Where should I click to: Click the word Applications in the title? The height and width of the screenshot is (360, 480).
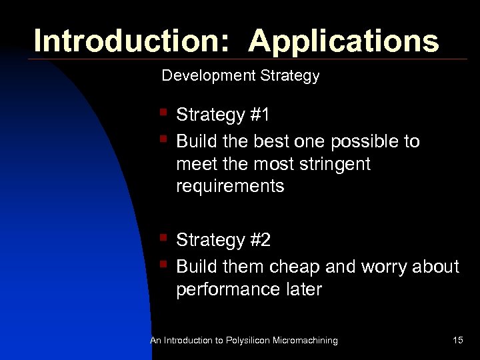344,41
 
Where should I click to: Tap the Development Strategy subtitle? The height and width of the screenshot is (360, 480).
241,76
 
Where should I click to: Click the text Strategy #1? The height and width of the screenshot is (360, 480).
223,115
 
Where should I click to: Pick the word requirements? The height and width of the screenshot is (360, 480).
230,186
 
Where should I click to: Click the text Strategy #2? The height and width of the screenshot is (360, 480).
223,240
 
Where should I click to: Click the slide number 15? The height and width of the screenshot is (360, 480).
457,341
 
